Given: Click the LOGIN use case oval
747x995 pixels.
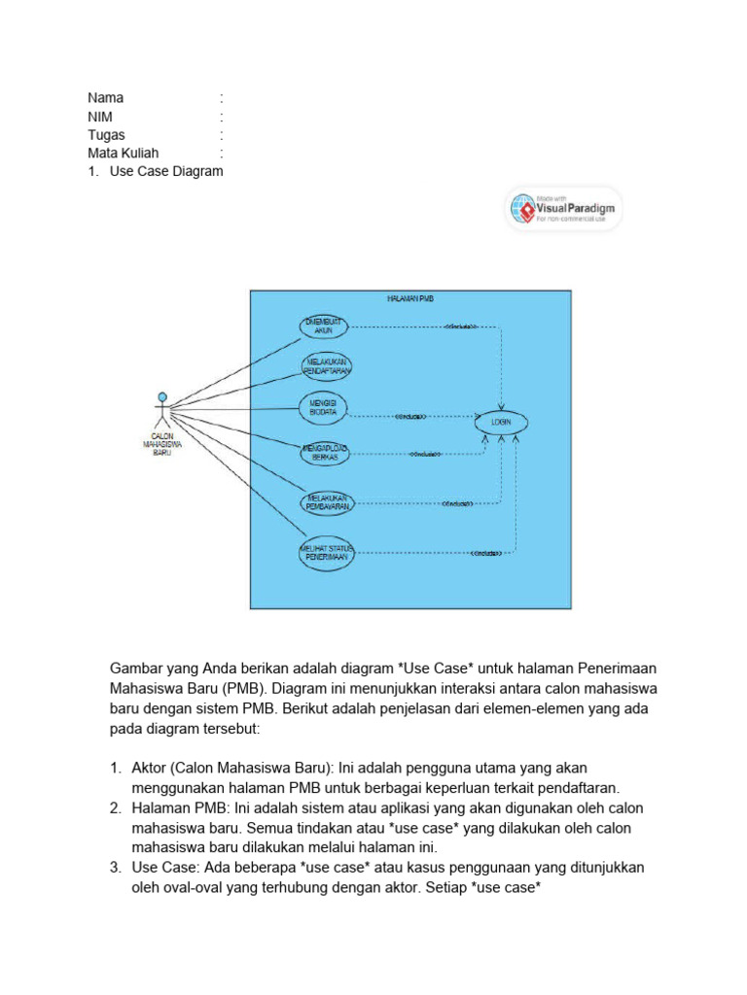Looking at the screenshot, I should pos(502,424).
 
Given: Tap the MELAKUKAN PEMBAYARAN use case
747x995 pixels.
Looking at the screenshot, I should pos(323,502).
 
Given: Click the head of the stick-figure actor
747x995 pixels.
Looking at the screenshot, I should pos(162,396).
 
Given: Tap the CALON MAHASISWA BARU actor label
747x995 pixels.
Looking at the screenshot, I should pos(161,445).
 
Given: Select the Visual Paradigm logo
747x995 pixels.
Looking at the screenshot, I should pos(563,208).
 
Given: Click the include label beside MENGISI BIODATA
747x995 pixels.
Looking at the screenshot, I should pos(410,416).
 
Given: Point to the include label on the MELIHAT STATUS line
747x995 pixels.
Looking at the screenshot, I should pos(486,554).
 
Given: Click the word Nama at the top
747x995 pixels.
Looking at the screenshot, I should pos(106,98).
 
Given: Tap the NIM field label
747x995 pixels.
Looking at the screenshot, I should pos(100,117).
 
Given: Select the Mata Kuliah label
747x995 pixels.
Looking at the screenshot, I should pos(124,154).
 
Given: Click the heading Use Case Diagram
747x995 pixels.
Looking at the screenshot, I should pos(166,172).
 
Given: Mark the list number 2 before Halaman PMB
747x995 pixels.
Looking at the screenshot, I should pos(114,808).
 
